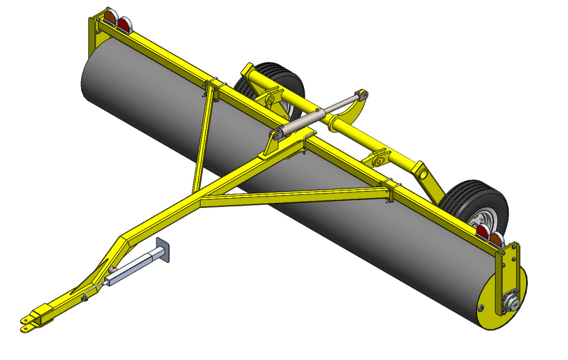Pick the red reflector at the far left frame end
point(124,25)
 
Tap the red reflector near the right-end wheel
point(482,232)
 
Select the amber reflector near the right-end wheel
point(496,239)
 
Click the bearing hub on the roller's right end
point(511,304)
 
